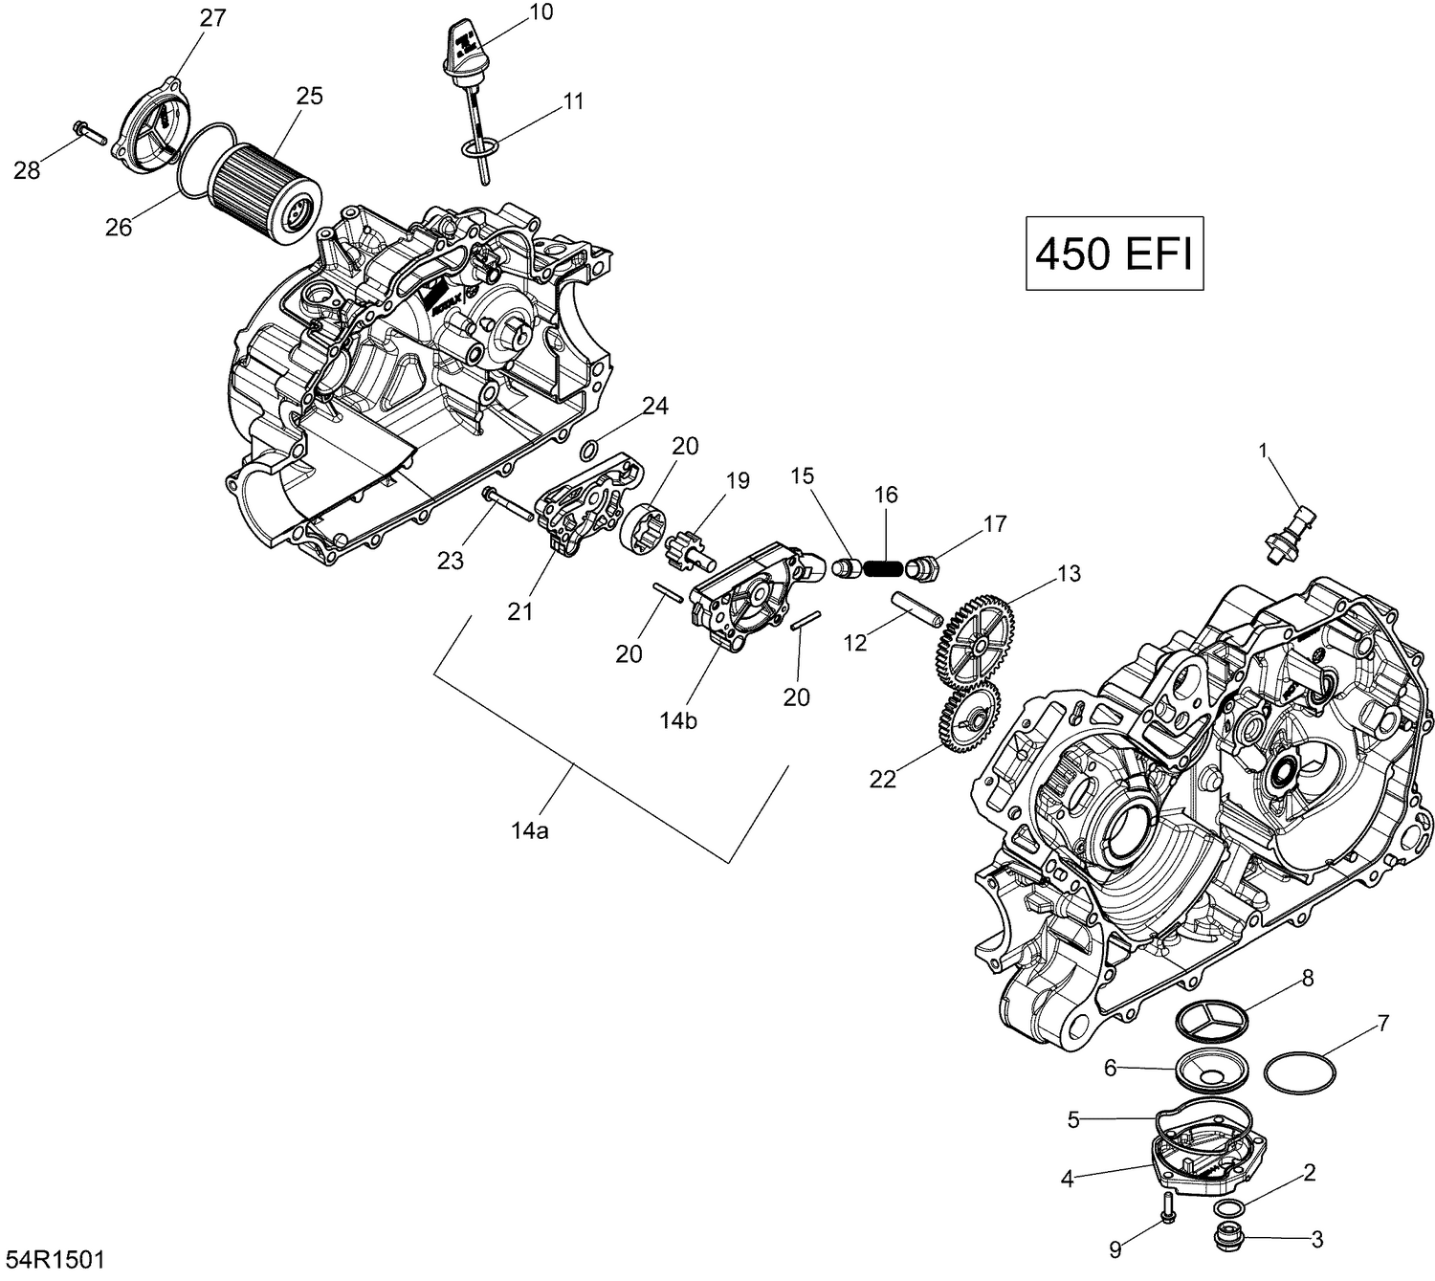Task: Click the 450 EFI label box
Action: [1114, 254]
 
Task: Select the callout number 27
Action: [212, 18]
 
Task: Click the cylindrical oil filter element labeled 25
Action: [266, 189]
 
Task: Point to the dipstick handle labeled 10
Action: [463, 49]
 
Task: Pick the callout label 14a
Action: [529, 831]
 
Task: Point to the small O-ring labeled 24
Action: [591, 449]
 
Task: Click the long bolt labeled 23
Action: [508, 504]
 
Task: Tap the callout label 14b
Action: [677, 720]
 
